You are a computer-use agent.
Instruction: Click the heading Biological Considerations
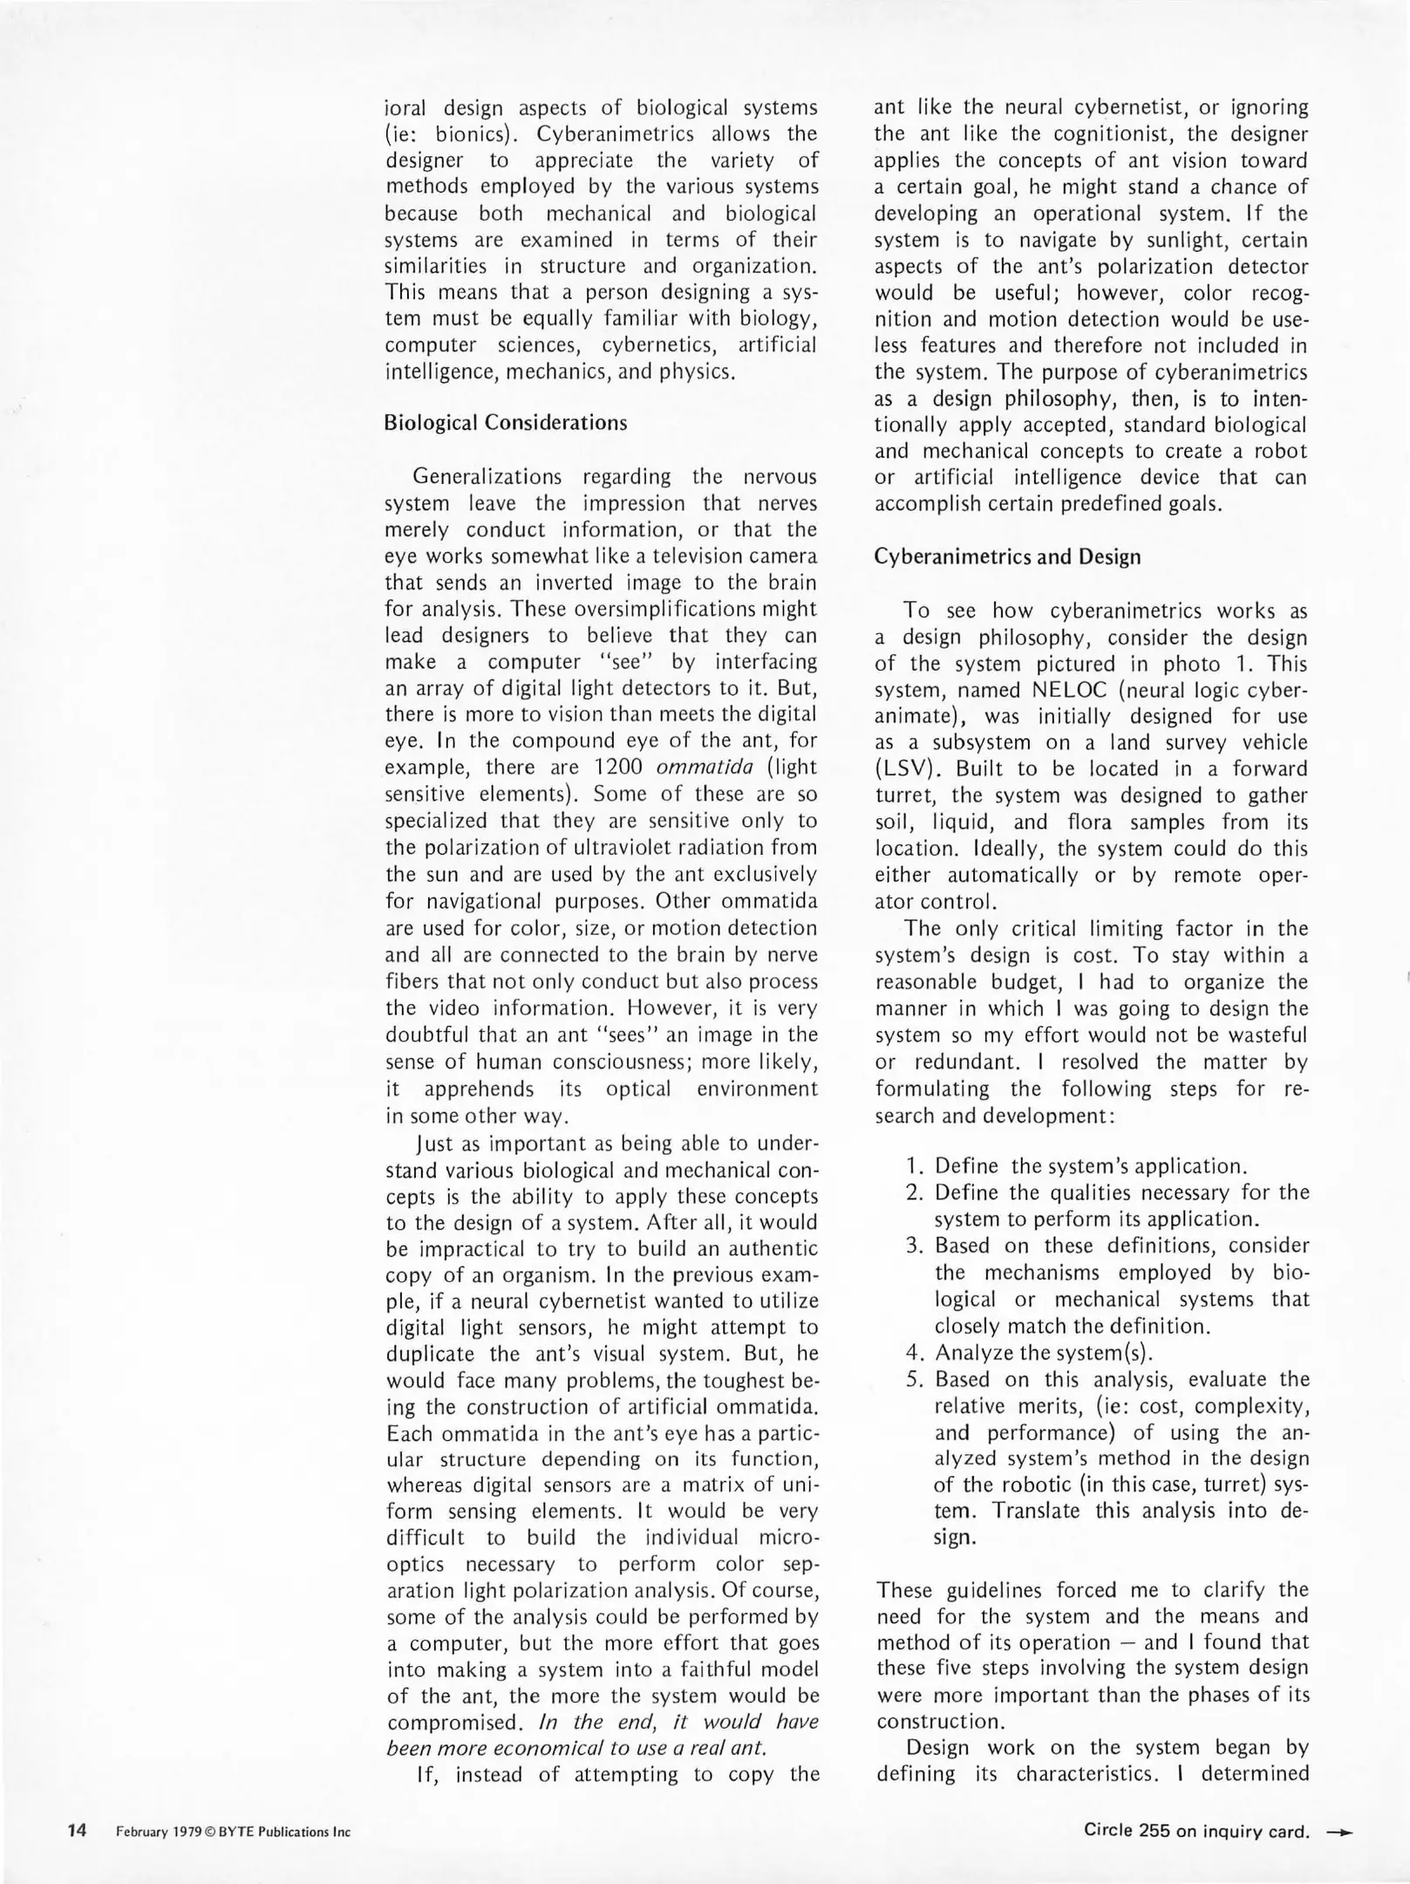(x=505, y=423)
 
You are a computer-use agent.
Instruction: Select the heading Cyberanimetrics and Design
(x=1007, y=556)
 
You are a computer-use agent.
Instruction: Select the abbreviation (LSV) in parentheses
(x=909, y=769)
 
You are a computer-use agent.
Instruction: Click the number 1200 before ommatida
(x=617, y=768)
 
